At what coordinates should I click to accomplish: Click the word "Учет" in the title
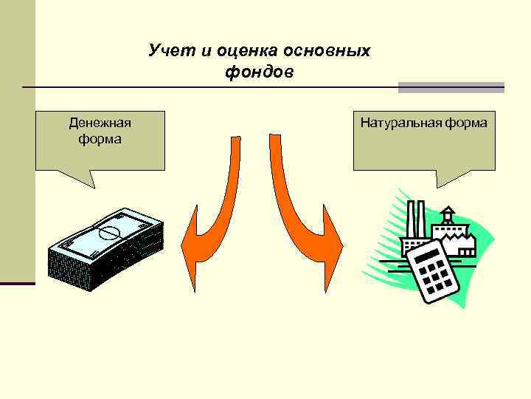[168, 51]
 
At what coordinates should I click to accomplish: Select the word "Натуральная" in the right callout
[400, 122]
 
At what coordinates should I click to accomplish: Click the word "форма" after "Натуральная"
[466, 122]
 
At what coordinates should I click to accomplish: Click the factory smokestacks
[416, 219]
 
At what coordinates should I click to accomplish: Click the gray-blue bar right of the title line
[451, 87]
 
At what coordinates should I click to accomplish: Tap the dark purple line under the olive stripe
[17, 283]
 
